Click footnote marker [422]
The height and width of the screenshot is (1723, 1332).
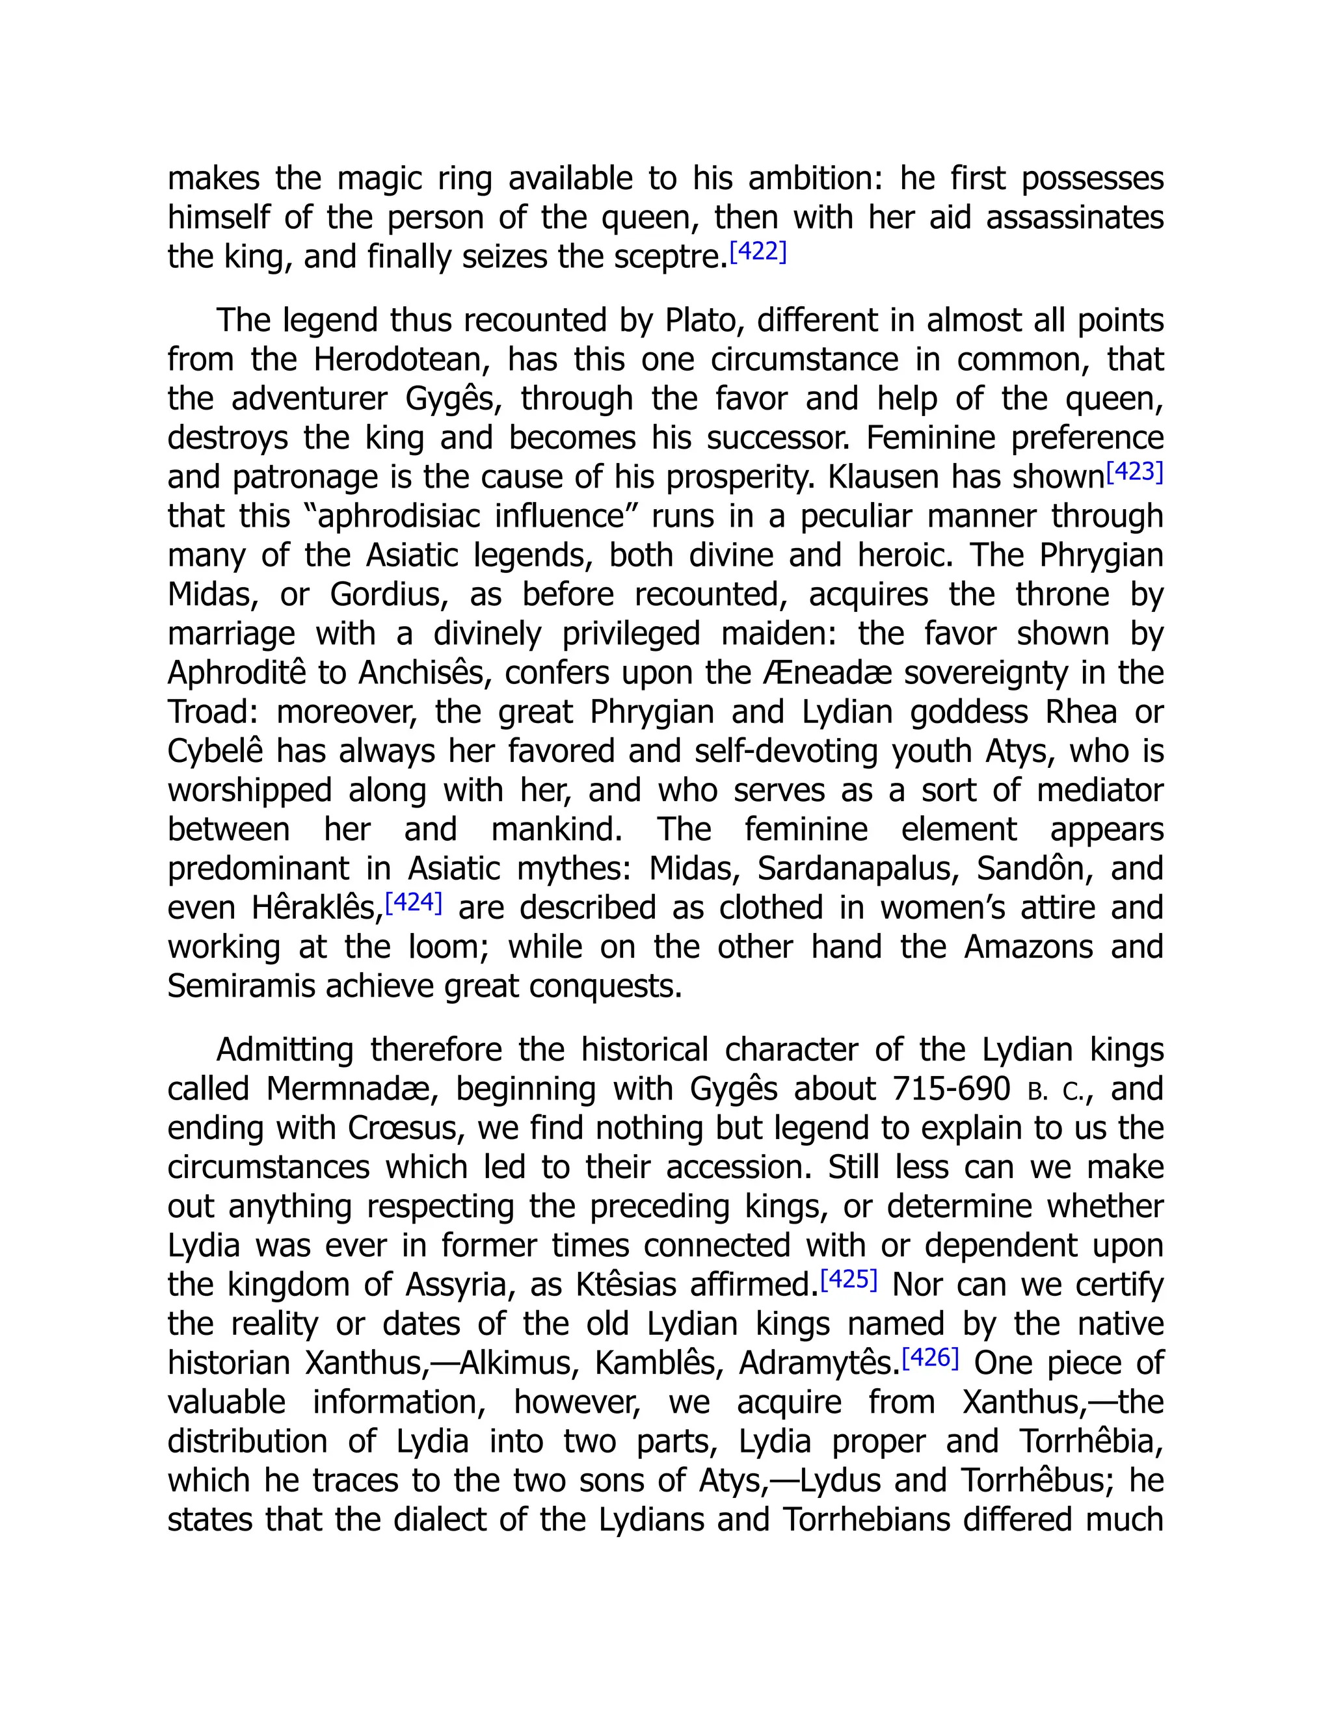tap(758, 252)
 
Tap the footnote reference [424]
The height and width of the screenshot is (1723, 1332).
tap(413, 902)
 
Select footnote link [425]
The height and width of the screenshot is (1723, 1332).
tap(848, 1279)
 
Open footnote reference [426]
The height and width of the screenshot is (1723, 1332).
tap(929, 1357)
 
